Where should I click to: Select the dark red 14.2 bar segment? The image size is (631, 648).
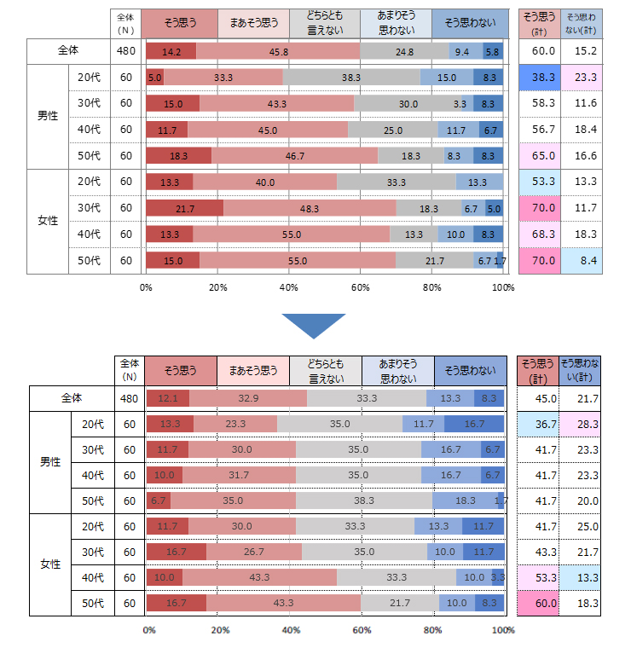coord(171,51)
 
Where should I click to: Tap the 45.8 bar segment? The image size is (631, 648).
coord(278,51)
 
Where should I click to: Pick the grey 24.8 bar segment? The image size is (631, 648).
coord(404,51)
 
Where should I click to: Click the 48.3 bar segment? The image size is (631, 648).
coord(310,208)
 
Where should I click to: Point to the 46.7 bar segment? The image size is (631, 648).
coord(295,156)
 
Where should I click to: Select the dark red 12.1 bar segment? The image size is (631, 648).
coord(168,398)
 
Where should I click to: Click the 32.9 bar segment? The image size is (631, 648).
coord(248,398)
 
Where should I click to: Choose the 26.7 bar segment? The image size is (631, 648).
coord(254,552)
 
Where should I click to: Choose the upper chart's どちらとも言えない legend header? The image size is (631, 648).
coord(324,23)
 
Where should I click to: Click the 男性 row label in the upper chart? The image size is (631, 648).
coord(48,117)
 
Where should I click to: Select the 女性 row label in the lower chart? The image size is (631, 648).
coord(50,564)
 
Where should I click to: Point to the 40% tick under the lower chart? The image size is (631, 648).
coord(291,631)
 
